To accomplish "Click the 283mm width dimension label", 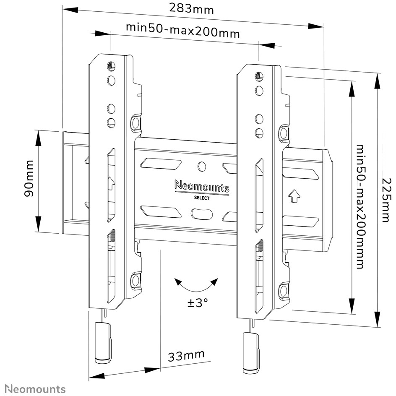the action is point(191,9).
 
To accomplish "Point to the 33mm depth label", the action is point(186,356).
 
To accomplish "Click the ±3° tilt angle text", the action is point(198,302).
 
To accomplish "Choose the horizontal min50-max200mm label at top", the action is point(183,30).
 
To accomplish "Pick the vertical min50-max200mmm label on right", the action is point(360,206).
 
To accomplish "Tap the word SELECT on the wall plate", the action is point(202,198).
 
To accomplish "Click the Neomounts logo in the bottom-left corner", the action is point(35,389).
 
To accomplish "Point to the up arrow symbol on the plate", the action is point(294,196).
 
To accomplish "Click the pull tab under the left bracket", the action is point(103,343).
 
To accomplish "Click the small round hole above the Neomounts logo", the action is point(202,166).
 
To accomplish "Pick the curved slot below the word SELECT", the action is point(201,214).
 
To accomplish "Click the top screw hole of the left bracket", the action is point(111,66).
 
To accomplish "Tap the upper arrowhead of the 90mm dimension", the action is point(38,138).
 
